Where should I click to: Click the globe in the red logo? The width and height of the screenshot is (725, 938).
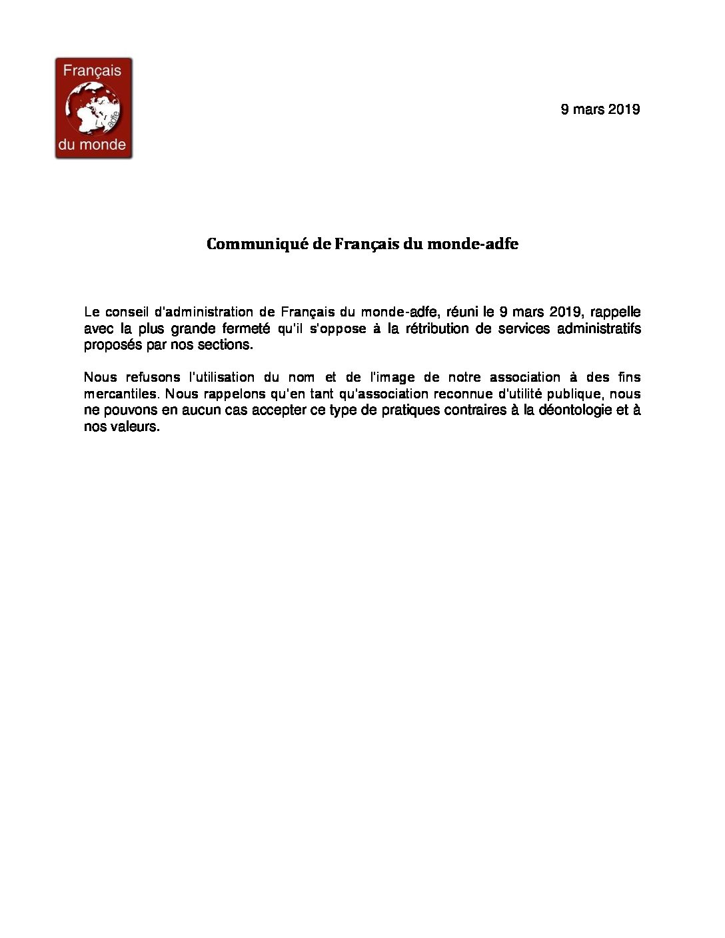93,108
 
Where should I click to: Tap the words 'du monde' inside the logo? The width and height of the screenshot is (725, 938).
93,145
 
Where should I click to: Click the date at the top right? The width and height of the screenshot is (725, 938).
600,109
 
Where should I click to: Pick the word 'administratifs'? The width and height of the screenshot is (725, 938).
598,328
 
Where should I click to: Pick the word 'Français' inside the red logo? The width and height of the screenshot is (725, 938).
93,71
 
